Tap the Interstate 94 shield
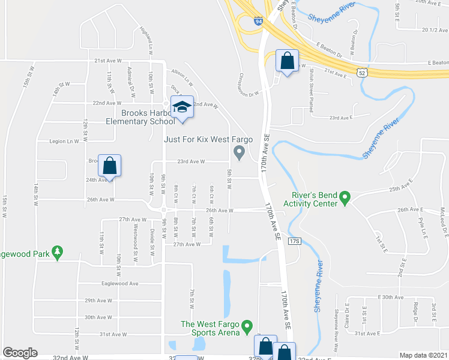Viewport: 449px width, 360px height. point(258,21)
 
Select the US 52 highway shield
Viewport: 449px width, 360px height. point(361,73)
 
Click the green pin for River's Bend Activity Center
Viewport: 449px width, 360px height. point(345,197)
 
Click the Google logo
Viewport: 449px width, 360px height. point(20,353)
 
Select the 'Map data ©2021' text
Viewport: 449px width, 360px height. point(423,355)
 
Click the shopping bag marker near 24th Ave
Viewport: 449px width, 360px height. point(110,166)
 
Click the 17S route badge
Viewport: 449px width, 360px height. point(294,241)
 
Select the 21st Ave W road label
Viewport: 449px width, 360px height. point(108,61)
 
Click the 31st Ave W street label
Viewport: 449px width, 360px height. point(112,334)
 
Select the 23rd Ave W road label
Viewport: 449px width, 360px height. point(191,161)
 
